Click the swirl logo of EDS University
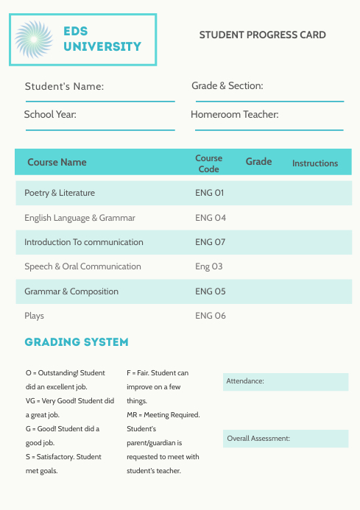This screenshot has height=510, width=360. [x=35, y=39]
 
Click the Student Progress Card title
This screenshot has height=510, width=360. [x=262, y=35]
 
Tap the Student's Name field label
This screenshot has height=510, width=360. [x=64, y=87]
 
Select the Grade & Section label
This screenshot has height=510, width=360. [x=227, y=86]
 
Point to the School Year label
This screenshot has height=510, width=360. [x=50, y=115]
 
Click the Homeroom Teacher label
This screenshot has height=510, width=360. [x=234, y=115]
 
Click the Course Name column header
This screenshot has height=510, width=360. [x=57, y=162]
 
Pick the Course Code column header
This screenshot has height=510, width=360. [x=208, y=163]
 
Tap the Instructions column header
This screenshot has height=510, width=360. [x=315, y=163]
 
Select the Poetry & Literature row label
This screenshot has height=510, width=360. [x=60, y=193]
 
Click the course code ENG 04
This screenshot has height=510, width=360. [x=210, y=218]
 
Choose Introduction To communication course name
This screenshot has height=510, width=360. [x=84, y=242]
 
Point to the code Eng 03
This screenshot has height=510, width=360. [x=208, y=266]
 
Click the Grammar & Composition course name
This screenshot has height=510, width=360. [x=71, y=291]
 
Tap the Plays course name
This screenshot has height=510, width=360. [x=34, y=316]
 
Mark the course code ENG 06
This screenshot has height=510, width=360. [x=210, y=316]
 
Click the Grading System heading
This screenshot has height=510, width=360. [x=77, y=342]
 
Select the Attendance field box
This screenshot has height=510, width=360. [x=286, y=381]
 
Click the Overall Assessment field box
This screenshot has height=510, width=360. [x=286, y=439]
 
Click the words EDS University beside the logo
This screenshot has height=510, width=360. [x=102, y=39]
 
